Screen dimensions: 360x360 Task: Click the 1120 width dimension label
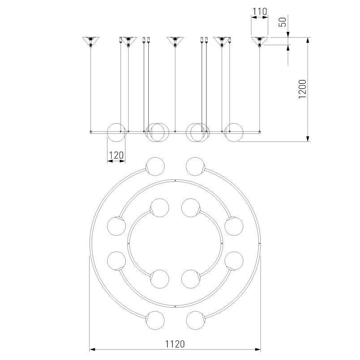click(175, 344)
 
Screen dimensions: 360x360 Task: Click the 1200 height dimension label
click(302, 89)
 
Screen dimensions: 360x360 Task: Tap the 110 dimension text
click(260, 11)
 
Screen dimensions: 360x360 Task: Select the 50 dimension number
click(283, 22)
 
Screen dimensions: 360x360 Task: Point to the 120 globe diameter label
click(116, 155)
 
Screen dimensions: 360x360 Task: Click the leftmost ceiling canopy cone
click(91, 41)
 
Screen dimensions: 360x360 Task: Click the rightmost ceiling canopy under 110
click(259, 41)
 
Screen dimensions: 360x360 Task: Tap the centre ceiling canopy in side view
click(175, 41)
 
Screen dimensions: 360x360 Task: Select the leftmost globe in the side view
click(116, 133)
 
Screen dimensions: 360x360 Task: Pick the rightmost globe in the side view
click(233, 133)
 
